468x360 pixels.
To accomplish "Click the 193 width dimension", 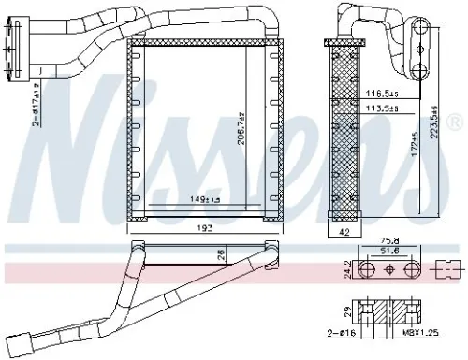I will (x=204, y=227).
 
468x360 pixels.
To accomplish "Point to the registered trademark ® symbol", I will (x=456, y=122).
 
